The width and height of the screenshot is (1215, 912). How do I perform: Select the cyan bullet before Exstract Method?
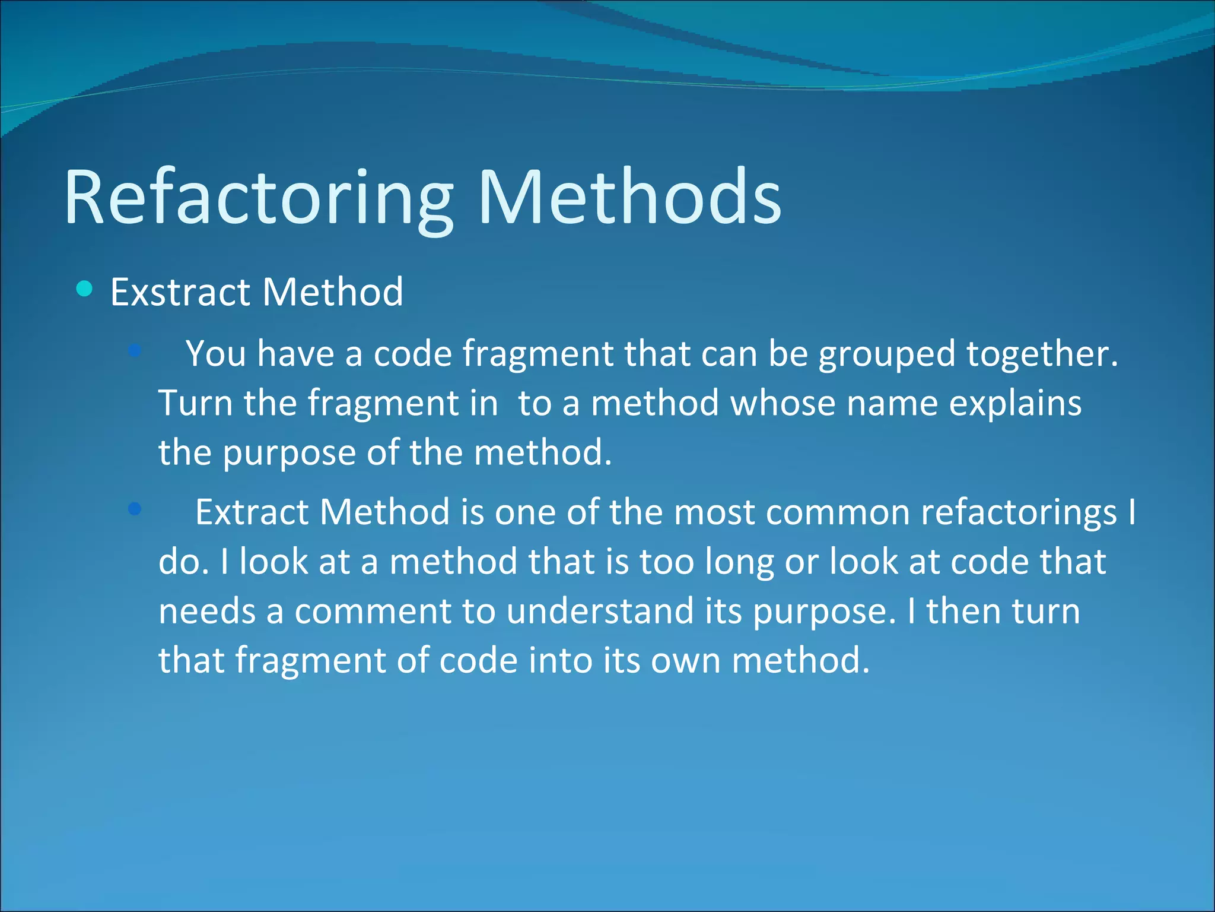click(x=85, y=289)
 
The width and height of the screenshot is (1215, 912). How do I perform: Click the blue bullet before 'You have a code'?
click(x=135, y=350)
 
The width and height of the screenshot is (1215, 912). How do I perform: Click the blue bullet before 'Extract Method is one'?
click(x=135, y=509)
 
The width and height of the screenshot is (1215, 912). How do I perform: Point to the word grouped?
click(x=887, y=355)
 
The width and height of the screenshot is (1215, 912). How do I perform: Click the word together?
click(x=1042, y=355)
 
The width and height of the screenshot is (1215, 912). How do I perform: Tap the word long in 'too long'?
click(x=739, y=563)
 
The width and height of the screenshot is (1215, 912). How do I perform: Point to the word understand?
click(x=600, y=612)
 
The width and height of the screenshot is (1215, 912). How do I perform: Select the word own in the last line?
click(x=685, y=661)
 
